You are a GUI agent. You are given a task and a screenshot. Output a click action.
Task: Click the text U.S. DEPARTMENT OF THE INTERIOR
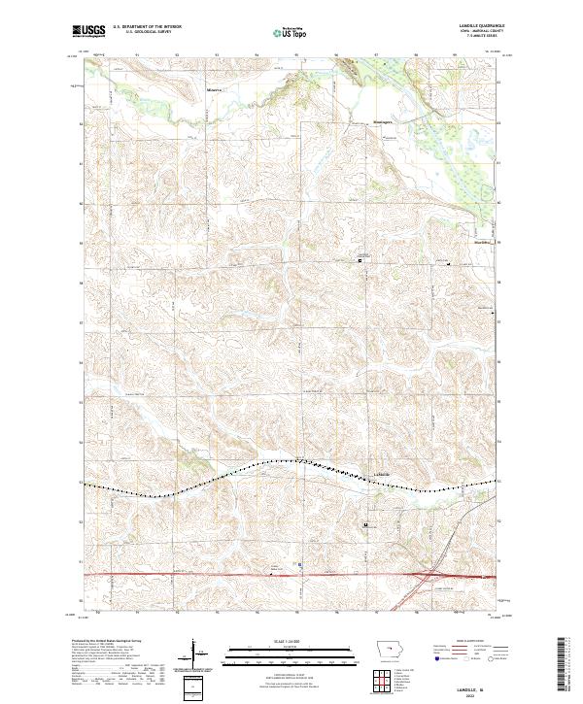click(145, 28)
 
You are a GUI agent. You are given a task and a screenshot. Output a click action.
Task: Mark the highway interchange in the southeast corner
click(425, 576)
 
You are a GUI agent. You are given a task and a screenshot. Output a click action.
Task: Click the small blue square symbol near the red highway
click(300, 562)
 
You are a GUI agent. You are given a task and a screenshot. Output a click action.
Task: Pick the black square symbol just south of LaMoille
click(365, 524)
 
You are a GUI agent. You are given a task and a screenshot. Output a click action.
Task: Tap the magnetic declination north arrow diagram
click(192, 655)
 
